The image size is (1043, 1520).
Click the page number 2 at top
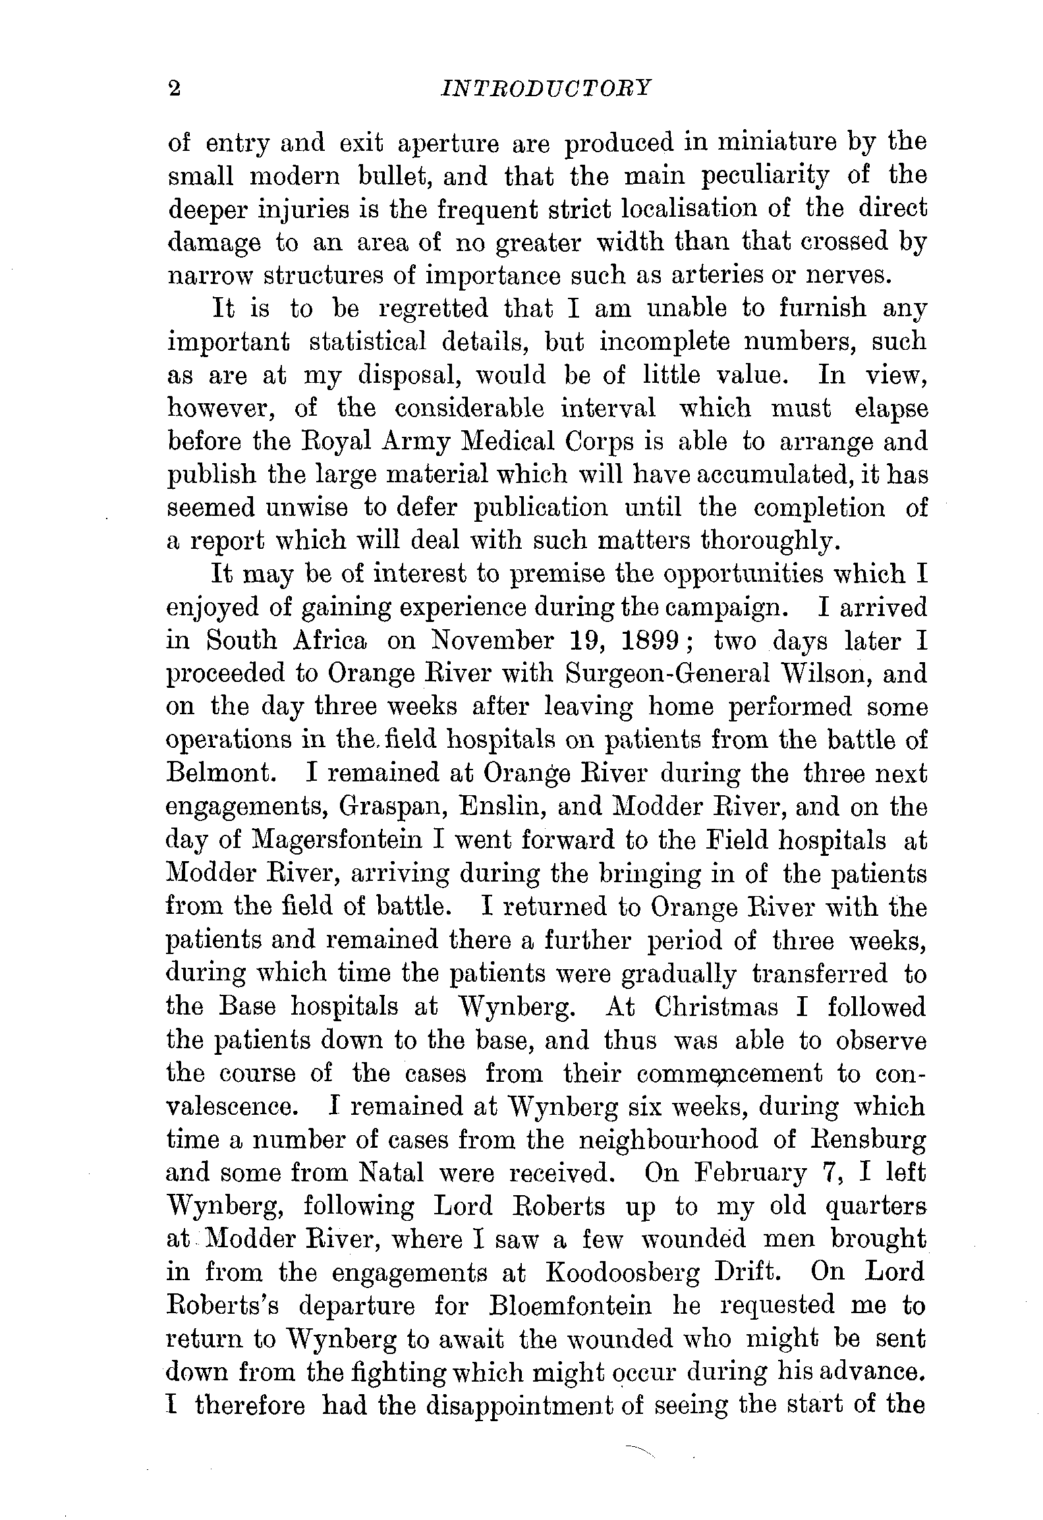point(175,88)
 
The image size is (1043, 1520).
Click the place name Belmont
point(219,774)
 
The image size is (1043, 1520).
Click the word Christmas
point(716,1007)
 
